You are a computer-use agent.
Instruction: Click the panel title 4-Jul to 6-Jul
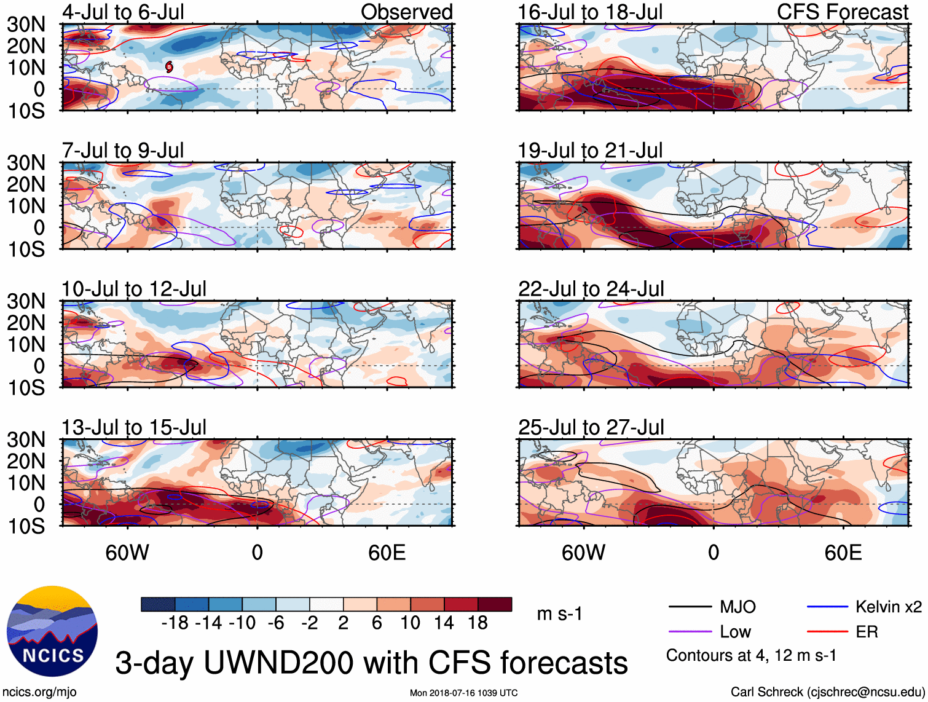point(123,12)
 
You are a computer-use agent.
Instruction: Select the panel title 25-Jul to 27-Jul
point(591,427)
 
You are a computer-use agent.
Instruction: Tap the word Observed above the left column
point(406,12)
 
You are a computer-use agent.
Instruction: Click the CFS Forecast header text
point(842,12)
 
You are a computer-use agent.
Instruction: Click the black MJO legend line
point(690,607)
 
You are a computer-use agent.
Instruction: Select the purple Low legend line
point(690,632)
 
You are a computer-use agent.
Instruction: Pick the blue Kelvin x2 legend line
point(827,607)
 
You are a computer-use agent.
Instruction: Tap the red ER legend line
point(827,632)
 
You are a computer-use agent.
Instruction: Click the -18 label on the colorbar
point(175,623)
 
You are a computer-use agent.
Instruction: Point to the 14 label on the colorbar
point(444,623)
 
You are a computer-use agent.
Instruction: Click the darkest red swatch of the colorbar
point(495,604)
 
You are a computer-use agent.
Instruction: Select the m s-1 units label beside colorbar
point(559,614)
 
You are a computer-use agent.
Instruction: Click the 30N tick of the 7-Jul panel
point(26,163)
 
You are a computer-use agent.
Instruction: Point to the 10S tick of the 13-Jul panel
point(26,526)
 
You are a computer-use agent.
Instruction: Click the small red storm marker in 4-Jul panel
point(169,66)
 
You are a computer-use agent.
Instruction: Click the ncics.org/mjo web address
point(39,692)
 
